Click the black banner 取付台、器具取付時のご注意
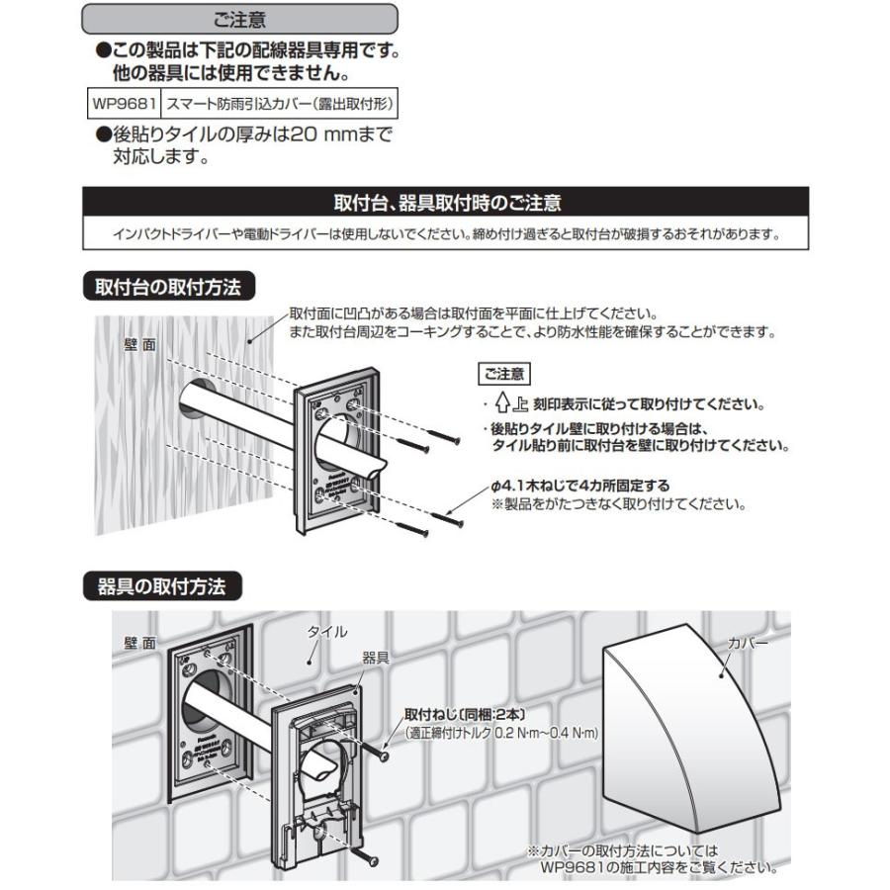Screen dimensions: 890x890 (445, 205)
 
